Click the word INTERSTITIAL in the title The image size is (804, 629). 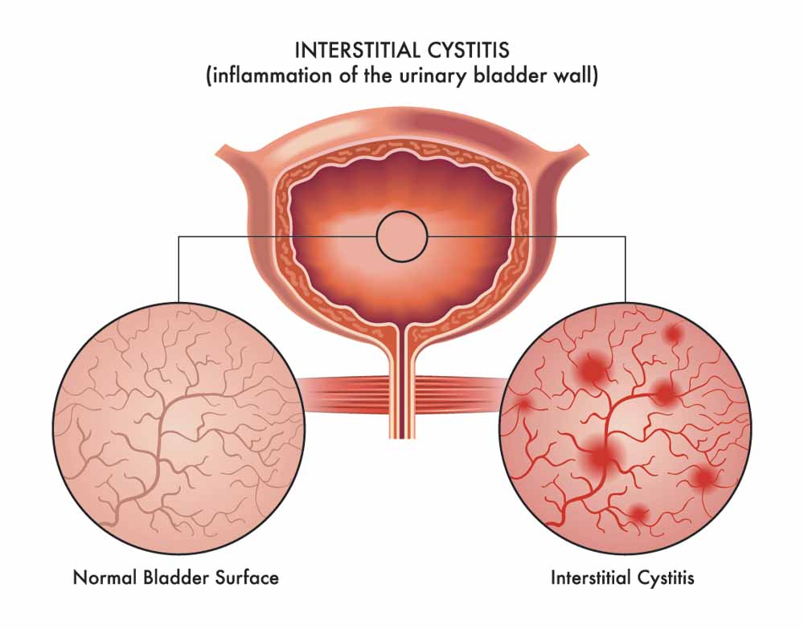pos(354,50)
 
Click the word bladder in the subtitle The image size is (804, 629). pos(507,76)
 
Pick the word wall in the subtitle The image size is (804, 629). pos(573,76)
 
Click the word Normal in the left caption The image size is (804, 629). pos(105,578)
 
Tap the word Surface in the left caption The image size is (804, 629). pos(247,578)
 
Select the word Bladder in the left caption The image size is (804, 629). pos(176,578)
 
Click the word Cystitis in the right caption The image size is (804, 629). pos(666,578)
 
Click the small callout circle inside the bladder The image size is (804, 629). pos(402,237)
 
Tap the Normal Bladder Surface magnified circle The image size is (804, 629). pos(179,427)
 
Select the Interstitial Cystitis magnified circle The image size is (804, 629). pos(626,427)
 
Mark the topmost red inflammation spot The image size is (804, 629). pos(673,334)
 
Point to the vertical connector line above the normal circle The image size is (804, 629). pos(178,269)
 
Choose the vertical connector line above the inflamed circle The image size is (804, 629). pos(626,269)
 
